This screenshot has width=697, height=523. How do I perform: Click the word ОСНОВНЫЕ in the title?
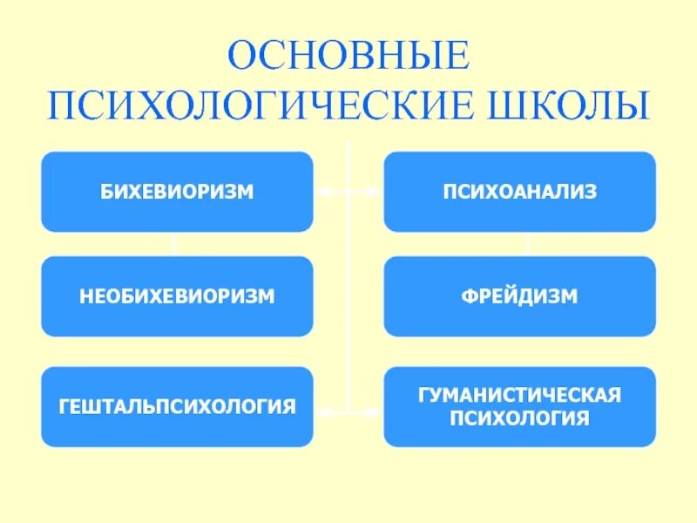348,57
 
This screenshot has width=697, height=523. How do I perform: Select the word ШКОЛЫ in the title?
572,105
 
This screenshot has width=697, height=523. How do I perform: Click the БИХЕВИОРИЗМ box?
177,192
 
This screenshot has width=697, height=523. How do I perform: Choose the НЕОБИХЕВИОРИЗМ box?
177,296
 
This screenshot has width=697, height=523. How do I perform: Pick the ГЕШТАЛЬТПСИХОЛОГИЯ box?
177,406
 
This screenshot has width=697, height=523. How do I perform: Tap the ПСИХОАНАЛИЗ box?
519,192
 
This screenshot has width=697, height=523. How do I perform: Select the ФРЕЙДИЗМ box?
519,296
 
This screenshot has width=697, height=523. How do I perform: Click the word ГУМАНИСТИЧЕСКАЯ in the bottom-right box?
519,396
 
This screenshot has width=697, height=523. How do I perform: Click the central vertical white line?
348,296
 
